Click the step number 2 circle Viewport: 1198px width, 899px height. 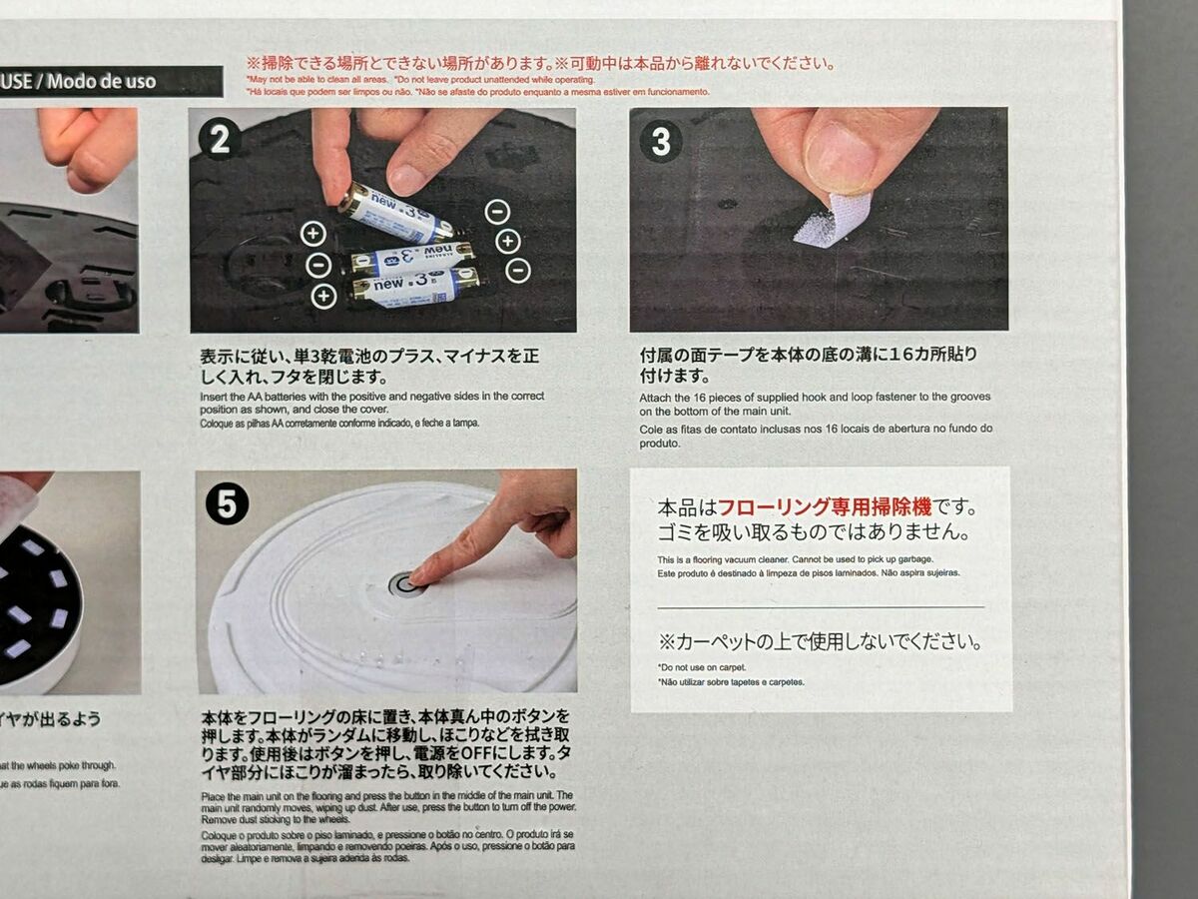220,139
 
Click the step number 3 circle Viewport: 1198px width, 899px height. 661,141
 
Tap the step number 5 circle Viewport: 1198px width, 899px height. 227,505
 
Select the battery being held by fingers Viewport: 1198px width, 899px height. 394,213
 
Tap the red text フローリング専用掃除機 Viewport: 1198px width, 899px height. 825,506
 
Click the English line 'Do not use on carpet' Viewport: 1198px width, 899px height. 702,666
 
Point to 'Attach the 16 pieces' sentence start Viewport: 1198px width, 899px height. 679,397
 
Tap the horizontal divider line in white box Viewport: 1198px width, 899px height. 820,606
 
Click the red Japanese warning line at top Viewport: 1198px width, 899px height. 539,63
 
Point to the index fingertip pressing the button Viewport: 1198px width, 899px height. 419,576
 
